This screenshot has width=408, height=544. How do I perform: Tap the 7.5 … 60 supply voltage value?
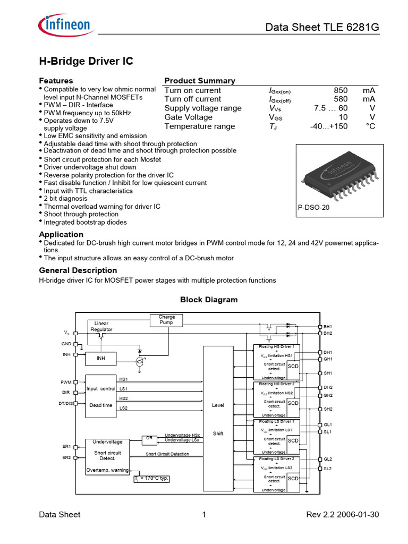click(x=331, y=108)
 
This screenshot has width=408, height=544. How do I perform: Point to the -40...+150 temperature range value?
click(x=328, y=126)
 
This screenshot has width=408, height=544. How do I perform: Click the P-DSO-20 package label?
click(x=313, y=208)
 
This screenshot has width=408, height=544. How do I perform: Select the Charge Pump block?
click(x=166, y=320)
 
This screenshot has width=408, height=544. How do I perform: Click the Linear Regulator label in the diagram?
click(x=101, y=326)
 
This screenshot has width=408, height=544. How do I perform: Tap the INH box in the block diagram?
click(x=100, y=359)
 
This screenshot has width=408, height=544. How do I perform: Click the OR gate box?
click(x=149, y=438)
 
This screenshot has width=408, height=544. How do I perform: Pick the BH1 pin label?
click(x=328, y=326)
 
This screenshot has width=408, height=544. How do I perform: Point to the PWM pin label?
click(x=66, y=382)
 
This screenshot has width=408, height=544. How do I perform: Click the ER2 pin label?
click(x=66, y=457)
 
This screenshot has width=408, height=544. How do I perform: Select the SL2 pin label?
click(x=328, y=469)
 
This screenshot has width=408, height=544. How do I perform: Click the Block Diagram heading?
click(x=209, y=300)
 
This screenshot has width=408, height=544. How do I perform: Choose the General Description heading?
click(x=78, y=270)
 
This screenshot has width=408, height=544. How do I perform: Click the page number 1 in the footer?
click(x=204, y=514)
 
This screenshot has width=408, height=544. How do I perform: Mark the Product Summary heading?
click(x=200, y=81)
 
